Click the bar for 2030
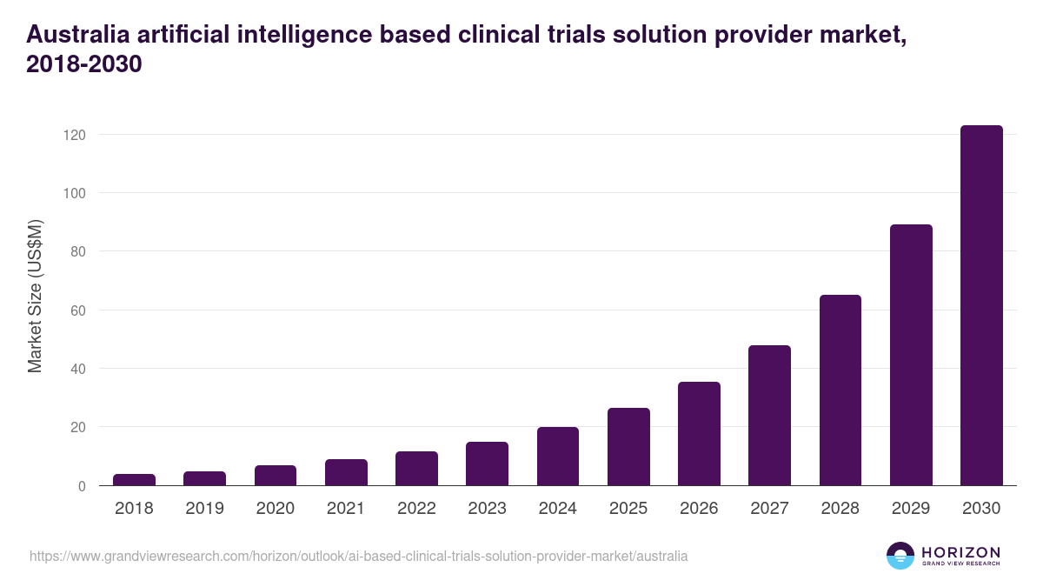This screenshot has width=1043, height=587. [x=981, y=305]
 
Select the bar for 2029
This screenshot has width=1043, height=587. [x=911, y=355]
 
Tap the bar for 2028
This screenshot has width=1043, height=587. [x=840, y=390]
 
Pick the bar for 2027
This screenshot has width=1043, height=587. [x=769, y=416]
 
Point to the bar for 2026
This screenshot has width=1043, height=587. [x=699, y=434]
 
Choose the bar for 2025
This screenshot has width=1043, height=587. [x=628, y=447]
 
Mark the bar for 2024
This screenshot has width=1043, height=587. [x=558, y=457]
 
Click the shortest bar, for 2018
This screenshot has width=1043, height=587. [x=134, y=480]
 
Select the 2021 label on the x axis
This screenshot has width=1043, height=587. [x=346, y=509]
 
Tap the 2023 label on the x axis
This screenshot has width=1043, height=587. [x=487, y=509]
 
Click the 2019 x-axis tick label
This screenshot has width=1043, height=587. [x=204, y=509]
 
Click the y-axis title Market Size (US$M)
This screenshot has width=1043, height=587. [x=35, y=296]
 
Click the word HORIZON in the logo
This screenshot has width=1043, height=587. [x=960, y=552]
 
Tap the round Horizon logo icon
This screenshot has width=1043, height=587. [x=900, y=556]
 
